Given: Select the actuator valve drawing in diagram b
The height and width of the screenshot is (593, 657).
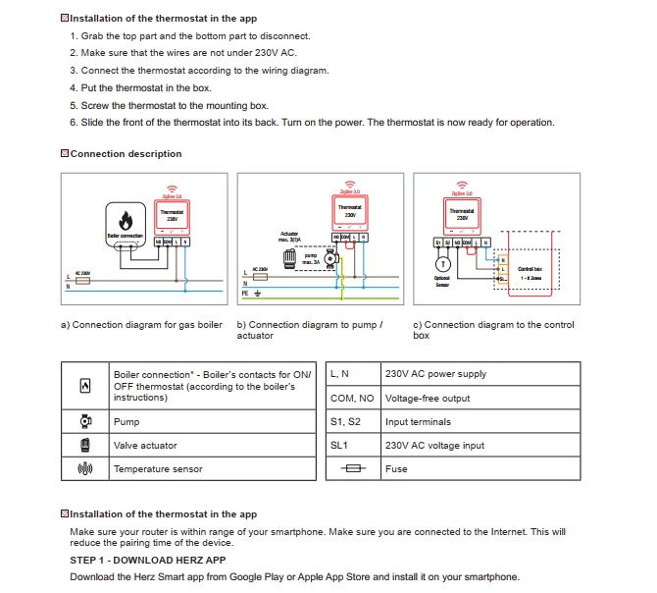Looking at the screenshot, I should click(290, 258).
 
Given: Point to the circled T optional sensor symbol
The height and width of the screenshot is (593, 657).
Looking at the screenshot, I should click(442, 264).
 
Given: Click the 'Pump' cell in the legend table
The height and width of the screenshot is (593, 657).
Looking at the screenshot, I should click(126, 422).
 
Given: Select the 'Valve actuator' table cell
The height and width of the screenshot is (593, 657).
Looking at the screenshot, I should click(145, 446).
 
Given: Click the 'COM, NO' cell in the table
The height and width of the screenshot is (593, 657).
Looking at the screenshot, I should click(352, 399).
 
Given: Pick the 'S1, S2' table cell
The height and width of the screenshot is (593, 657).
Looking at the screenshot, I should click(346, 422).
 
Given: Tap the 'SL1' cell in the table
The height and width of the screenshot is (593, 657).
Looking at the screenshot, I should click(339, 446).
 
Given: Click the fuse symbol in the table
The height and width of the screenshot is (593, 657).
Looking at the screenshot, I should click(352, 469).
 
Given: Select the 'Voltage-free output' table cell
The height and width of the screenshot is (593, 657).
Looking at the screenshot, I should click(428, 399).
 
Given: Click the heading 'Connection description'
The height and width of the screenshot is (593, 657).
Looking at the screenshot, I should click(126, 154).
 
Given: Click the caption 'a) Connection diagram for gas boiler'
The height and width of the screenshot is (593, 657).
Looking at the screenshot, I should click(142, 325).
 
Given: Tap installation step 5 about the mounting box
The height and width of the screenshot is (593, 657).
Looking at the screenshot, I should click(169, 106).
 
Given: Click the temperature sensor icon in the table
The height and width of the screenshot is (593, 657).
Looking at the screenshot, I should click(84, 469).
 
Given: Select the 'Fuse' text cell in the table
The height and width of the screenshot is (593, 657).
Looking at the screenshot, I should click(396, 469).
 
